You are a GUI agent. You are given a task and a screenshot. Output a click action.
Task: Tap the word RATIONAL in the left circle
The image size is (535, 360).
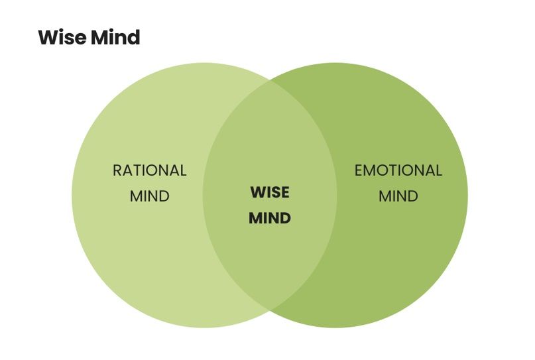coord(150,170)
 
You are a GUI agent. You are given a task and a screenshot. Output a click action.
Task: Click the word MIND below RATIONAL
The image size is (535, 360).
coord(150,196)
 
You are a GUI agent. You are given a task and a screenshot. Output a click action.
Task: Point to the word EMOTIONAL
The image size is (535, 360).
coord(398,170)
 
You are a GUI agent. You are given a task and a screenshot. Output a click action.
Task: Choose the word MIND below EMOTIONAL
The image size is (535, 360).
coord(398,196)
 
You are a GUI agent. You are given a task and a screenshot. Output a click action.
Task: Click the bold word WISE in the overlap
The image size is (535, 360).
coord(270,192)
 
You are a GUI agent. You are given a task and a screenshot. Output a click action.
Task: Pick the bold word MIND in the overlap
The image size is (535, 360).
coord(270,217)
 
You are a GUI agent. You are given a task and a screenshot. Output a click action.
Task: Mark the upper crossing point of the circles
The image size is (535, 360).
coord(270,81)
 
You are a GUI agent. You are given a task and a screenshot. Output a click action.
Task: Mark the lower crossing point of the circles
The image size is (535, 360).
coord(270,309)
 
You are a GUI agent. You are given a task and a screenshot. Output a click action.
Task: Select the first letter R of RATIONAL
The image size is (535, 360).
coord(117,170)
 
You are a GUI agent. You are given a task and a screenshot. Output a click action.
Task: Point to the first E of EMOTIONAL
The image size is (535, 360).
coord(359,170)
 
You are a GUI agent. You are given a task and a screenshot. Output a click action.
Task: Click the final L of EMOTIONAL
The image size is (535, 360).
coord(438,170)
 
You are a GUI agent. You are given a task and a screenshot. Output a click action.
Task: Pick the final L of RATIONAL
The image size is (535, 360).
coord(183,170)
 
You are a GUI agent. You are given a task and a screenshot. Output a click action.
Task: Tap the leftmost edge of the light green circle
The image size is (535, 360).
coord(72,195)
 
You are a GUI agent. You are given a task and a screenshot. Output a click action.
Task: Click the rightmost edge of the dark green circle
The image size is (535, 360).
coord(467,195)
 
